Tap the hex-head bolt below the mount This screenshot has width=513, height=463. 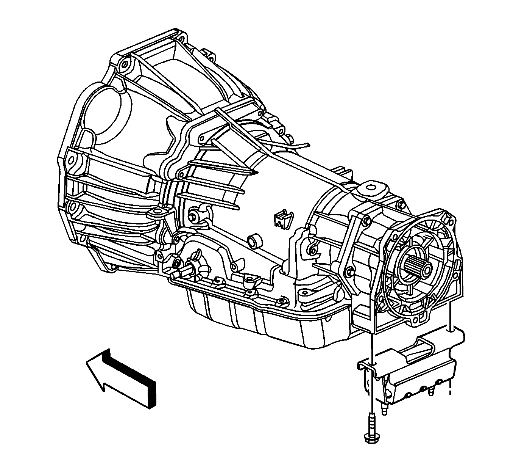(x=370, y=432)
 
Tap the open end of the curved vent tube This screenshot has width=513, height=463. (x=309, y=144)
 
